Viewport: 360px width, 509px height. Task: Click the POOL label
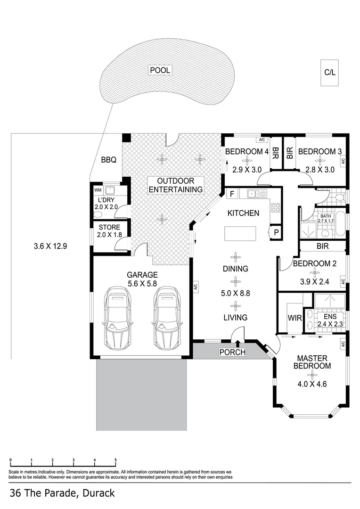point(160,70)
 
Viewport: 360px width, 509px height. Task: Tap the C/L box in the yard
point(330,73)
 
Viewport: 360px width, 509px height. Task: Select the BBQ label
point(108,160)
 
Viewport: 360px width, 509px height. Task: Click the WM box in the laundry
point(98,190)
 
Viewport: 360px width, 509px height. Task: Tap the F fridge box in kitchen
point(232,194)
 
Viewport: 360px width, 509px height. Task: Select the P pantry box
point(276,232)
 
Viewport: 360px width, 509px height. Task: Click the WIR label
point(295,318)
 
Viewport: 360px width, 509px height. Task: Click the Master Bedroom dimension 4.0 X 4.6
point(312,384)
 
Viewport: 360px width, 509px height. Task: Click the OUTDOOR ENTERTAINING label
point(176,185)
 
